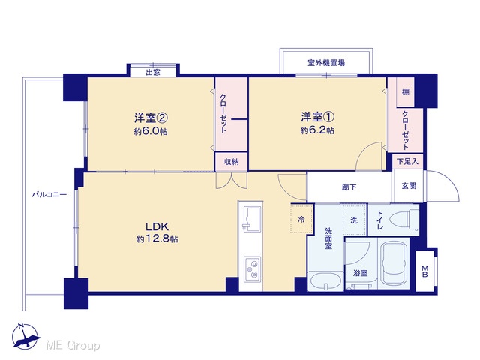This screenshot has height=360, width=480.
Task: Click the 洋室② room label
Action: tap(151, 118)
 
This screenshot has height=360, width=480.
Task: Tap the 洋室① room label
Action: tap(317, 117)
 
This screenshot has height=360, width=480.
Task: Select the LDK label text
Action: tap(157, 226)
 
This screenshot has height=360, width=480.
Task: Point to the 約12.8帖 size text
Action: tap(157, 238)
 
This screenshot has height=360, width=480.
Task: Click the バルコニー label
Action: tap(49, 194)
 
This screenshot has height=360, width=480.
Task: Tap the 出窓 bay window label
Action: tap(153, 73)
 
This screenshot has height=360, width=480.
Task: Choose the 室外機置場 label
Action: tap(326, 63)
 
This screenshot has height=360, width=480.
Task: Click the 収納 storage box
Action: tap(232, 162)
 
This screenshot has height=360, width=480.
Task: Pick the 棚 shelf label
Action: tap(406, 91)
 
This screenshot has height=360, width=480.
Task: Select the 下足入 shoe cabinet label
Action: tap(407, 161)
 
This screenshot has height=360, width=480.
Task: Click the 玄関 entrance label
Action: tap(409, 186)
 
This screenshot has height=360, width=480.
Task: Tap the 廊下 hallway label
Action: tap(349, 187)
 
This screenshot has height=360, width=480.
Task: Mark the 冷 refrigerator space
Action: tap(301, 220)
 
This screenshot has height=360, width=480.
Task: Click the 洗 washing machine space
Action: tap(354, 220)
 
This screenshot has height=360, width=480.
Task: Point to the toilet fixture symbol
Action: tap(403, 220)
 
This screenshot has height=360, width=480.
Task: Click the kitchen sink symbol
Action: tap(252, 219)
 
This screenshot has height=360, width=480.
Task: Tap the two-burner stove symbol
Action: tap(253, 269)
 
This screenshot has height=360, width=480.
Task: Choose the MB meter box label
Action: tap(425, 271)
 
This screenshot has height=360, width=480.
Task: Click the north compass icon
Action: tap(25, 336)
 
